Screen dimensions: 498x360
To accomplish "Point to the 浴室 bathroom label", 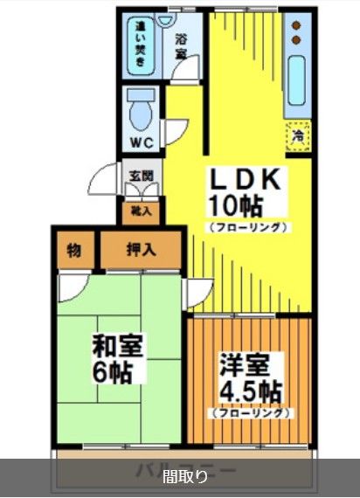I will pos(180,45).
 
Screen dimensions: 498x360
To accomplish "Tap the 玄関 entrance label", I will pos(141,176).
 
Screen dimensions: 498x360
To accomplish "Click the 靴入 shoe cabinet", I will pos(141,211).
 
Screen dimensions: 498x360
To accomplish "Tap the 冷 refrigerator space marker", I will pos(298,135).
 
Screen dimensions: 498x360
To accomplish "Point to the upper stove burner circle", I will pos(297,24).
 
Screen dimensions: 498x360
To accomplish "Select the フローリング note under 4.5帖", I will pos(250,412).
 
